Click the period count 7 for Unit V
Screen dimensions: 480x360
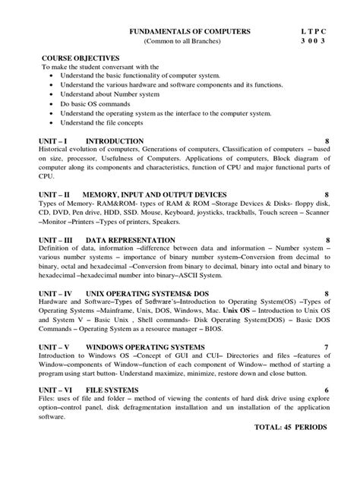point(326,347)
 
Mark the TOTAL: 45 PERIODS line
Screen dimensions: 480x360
point(291,427)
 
